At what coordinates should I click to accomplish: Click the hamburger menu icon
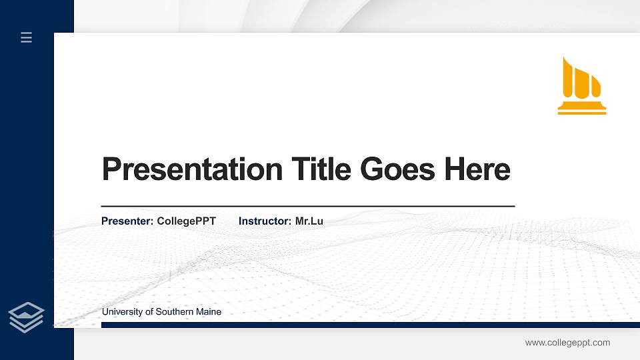(26, 37)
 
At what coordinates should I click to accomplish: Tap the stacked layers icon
(26, 317)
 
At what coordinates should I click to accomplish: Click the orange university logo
(581, 85)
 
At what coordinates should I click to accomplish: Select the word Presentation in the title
(192, 169)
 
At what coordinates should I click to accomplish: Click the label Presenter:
(127, 221)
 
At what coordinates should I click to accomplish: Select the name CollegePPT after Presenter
(186, 221)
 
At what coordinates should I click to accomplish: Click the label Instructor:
(265, 221)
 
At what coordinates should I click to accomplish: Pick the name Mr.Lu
(309, 221)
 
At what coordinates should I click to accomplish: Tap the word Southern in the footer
(172, 312)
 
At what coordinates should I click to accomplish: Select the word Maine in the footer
(209, 312)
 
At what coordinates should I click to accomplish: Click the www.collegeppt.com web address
(567, 343)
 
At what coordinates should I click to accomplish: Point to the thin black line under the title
(307, 207)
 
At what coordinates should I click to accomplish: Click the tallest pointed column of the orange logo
(568, 76)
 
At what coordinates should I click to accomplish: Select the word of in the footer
(148, 312)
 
